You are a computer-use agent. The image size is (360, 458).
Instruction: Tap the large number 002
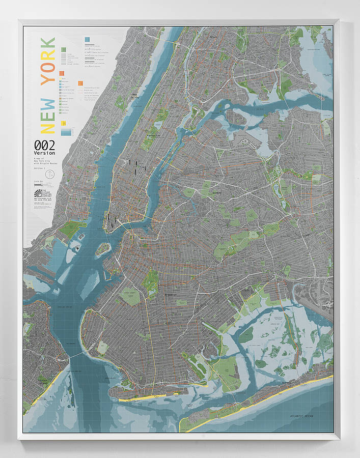point(44,145)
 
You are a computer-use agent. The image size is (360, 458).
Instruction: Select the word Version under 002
point(44,153)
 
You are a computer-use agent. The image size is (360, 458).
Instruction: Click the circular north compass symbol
point(49,175)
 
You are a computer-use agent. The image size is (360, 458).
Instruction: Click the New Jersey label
point(135,95)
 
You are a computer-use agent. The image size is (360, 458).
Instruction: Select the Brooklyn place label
point(170,295)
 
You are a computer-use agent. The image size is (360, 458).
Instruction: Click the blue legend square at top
point(88,39)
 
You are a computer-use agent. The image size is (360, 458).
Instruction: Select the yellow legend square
point(63,123)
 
